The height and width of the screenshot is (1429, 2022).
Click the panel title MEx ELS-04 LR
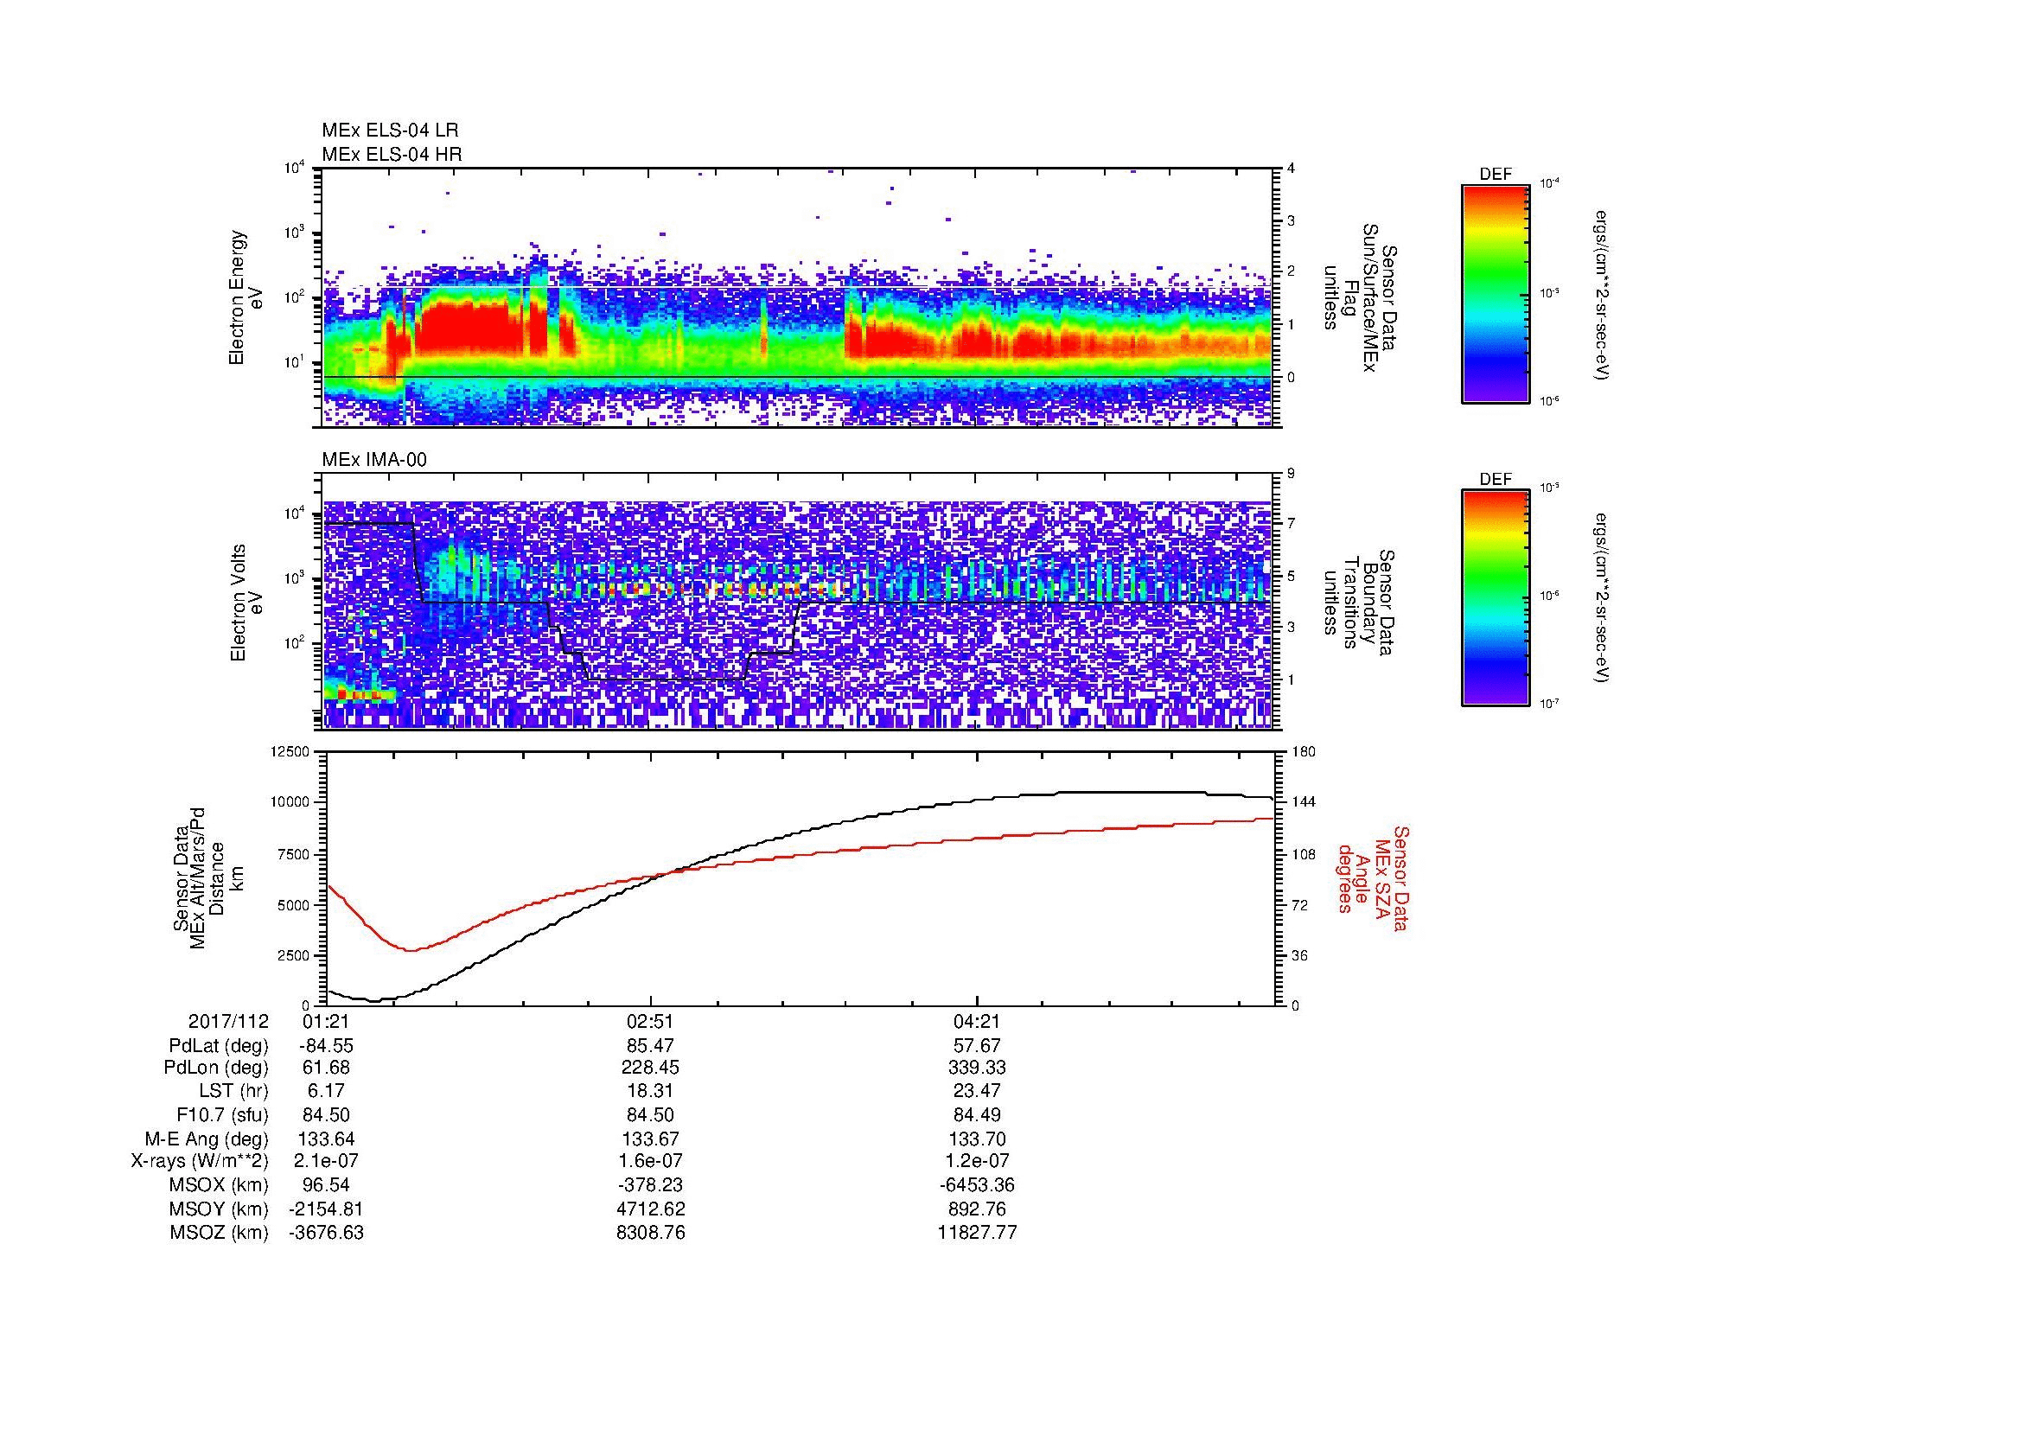tap(389, 131)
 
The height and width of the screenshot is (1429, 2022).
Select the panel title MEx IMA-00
tap(373, 460)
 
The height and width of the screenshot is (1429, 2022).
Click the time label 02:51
tap(650, 1022)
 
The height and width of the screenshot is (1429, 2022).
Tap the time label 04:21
tap(978, 1022)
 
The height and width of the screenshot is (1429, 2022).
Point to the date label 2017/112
tap(228, 1022)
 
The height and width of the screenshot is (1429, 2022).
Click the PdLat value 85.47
tap(650, 1046)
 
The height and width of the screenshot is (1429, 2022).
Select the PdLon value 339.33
tap(978, 1068)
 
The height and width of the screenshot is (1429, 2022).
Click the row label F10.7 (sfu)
tap(222, 1114)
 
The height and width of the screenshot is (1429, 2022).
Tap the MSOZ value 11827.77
tap(978, 1233)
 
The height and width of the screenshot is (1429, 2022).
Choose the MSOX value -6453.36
tap(978, 1185)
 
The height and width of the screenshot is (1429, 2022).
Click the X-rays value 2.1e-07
tap(326, 1161)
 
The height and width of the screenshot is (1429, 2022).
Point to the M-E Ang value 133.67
tap(650, 1139)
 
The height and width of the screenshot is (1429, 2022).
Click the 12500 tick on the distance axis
tap(289, 752)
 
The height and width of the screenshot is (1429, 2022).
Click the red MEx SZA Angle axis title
tap(1372, 878)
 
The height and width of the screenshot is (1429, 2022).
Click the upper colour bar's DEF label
tap(1495, 175)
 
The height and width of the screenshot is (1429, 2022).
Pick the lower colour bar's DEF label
tap(1495, 480)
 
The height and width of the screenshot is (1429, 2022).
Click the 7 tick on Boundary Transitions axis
tap(1291, 524)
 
